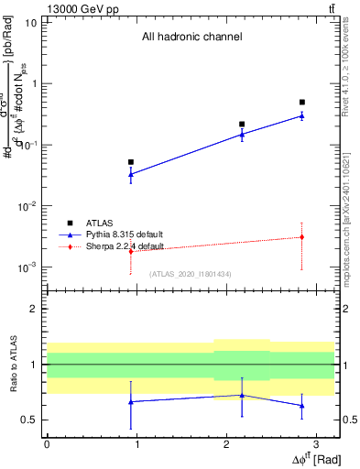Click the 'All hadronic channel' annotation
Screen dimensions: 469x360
(191, 38)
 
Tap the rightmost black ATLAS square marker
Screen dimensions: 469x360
(302, 103)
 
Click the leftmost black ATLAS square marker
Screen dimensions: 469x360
(131, 162)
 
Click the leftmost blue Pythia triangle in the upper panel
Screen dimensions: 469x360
(131, 174)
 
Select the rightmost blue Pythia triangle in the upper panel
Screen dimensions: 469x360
(302, 115)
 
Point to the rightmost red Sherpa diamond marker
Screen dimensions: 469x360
(302, 237)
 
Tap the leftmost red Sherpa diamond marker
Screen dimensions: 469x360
(131, 250)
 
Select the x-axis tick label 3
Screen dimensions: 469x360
(315, 444)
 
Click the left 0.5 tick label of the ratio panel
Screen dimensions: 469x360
(31, 420)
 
